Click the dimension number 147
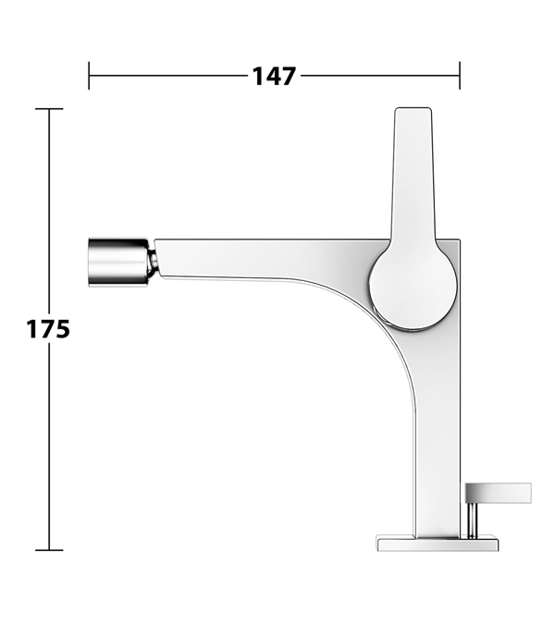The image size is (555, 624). pyautogui.click(x=274, y=76)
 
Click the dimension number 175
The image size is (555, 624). pyautogui.click(x=48, y=329)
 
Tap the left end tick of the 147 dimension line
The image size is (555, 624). pyautogui.click(x=89, y=76)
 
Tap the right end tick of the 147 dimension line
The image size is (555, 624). pyautogui.click(x=460, y=76)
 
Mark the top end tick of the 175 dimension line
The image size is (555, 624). pyautogui.click(x=49, y=109)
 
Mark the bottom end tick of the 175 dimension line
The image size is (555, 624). pyautogui.click(x=49, y=550)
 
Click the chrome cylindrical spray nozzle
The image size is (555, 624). pyautogui.click(x=118, y=262)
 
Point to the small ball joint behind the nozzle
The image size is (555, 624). pyautogui.click(x=154, y=262)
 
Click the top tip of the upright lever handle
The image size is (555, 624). pyautogui.click(x=413, y=108)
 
